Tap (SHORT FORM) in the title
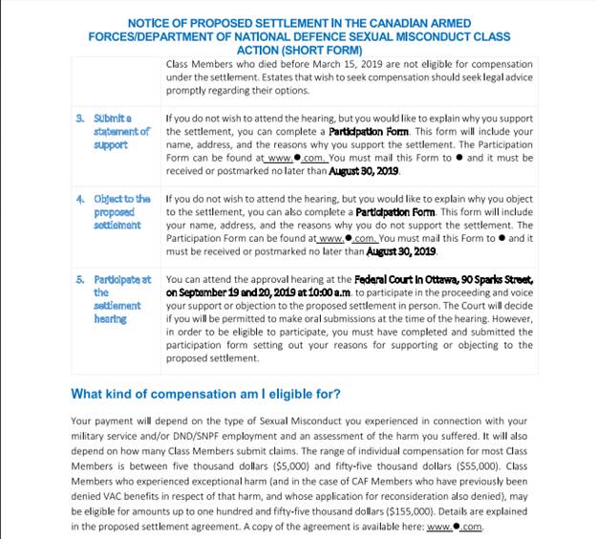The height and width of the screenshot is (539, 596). pyautogui.click(x=326, y=49)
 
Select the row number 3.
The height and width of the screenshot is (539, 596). pyautogui.click(x=79, y=119)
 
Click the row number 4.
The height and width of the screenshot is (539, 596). pyautogui.click(x=79, y=199)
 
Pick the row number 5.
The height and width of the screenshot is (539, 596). pyautogui.click(x=79, y=279)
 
